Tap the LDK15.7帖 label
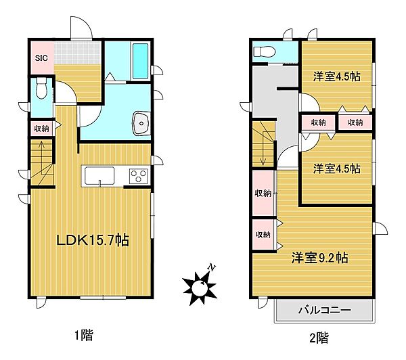coord(93,240)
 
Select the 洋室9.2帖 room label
coord(320,258)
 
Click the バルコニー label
coord(324,311)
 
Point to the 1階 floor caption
coord(85,334)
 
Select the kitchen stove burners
coord(139,177)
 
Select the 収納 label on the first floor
coord(41,128)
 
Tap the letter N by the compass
coord(212,268)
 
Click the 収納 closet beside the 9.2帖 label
coord(263,234)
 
